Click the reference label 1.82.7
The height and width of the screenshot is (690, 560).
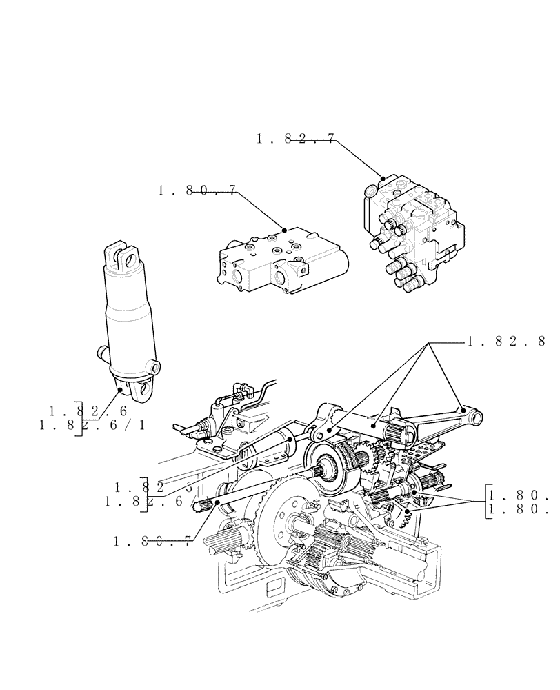(296, 139)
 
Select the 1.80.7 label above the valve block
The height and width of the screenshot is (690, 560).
(197, 190)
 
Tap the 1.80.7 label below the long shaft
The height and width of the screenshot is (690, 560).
(152, 542)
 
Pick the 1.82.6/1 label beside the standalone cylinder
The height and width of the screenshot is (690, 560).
(93, 425)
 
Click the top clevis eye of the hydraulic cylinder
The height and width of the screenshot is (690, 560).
(123, 257)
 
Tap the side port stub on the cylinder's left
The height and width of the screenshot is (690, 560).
(101, 354)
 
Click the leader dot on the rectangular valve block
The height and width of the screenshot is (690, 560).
(283, 228)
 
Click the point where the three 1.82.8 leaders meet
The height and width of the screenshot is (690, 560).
(430, 343)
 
